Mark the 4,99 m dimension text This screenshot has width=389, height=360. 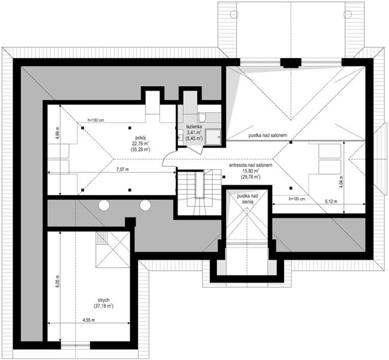point(58,133)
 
